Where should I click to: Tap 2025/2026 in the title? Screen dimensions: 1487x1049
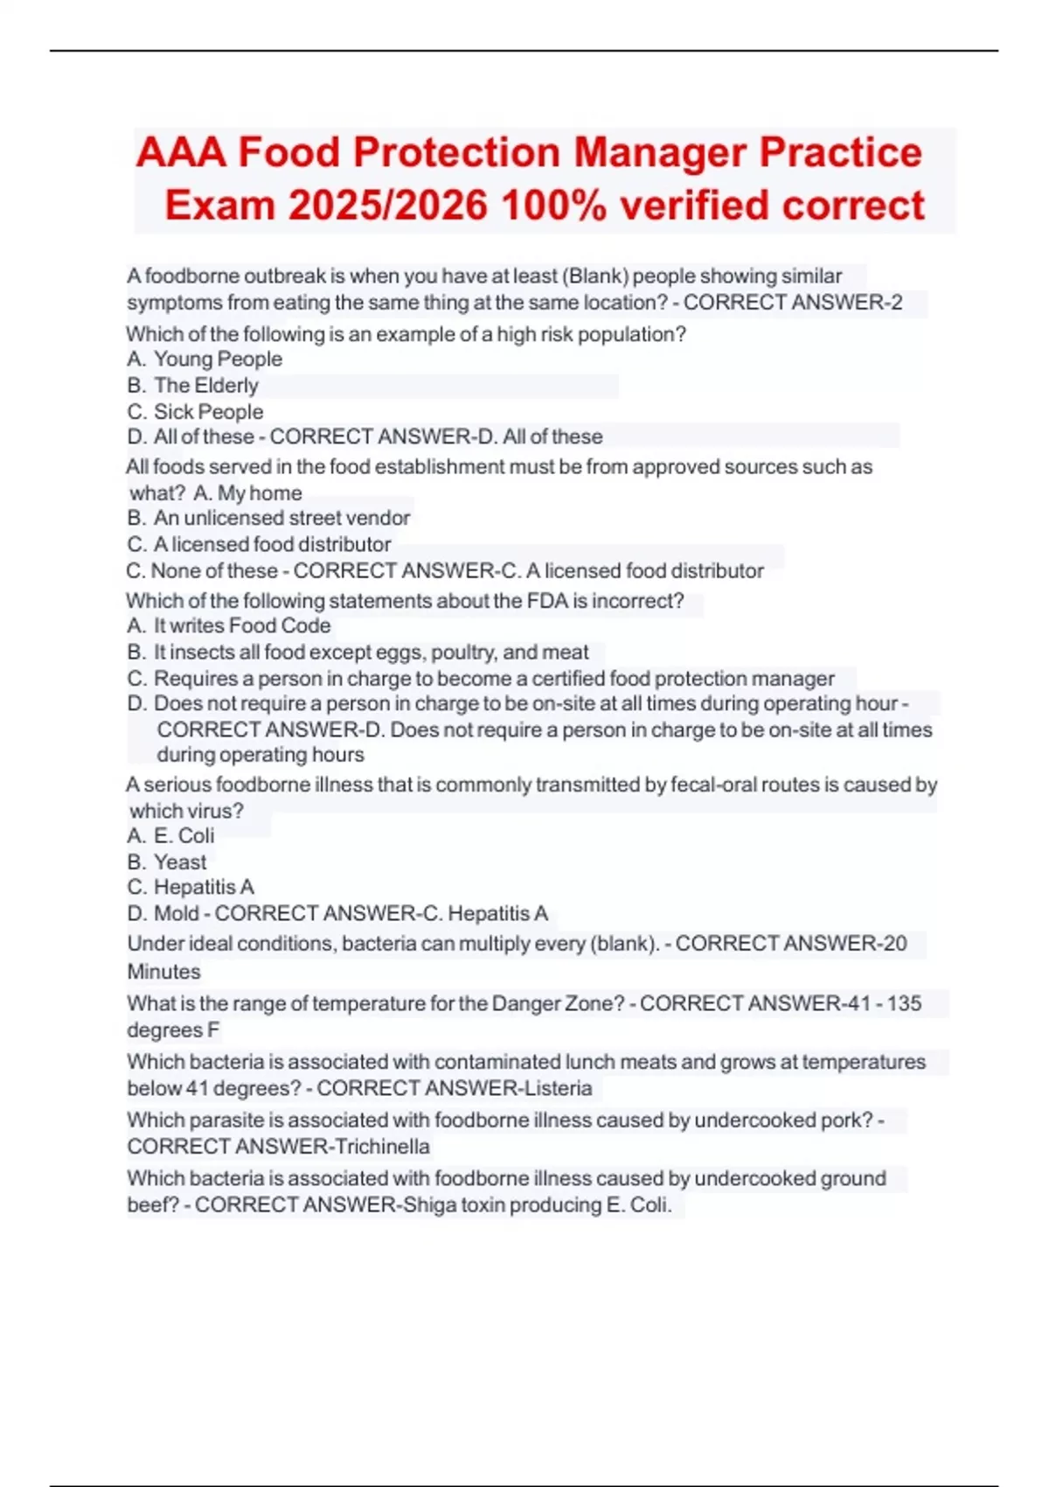(x=387, y=206)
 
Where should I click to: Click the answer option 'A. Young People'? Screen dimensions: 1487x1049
(x=205, y=360)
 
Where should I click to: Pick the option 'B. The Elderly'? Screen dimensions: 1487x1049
(x=192, y=386)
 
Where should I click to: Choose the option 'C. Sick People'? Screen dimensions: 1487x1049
(x=195, y=412)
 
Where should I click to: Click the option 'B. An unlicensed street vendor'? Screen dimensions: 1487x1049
(x=268, y=518)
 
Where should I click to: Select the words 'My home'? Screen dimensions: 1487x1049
(x=260, y=493)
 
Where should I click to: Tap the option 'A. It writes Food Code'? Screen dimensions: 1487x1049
(x=228, y=625)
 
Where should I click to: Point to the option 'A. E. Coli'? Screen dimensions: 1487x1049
(x=170, y=835)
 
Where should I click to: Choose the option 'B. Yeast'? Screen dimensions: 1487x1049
(x=167, y=862)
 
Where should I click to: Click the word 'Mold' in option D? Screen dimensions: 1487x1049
(x=177, y=913)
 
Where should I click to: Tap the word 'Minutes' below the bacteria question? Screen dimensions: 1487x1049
(x=163, y=972)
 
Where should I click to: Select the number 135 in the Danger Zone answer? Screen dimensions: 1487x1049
(x=904, y=1003)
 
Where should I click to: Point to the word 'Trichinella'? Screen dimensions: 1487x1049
(x=382, y=1147)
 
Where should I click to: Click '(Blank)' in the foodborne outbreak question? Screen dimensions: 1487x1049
(x=595, y=276)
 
